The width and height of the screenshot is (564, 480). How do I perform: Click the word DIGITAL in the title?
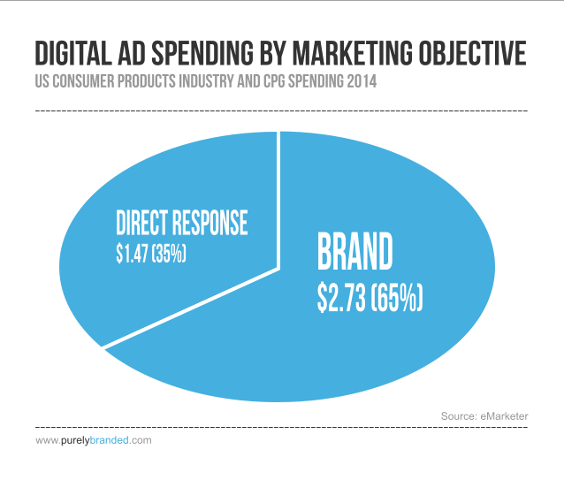pyautogui.click(x=73, y=53)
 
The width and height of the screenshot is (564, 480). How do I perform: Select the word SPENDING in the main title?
pyautogui.click(x=202, y=53)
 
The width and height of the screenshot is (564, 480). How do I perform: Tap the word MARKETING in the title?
pyautogui.click(x=353, y=53)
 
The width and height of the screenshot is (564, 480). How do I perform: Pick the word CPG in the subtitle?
pyautogui.click(x=274, y=81)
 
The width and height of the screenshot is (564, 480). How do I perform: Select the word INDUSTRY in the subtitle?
pyautogui.click(x=206, y=81)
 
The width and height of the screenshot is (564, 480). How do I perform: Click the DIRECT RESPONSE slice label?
pyautogui.click(x=182, y=223)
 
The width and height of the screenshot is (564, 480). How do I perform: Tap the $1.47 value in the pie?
pyautogui.click(x=132, y=253)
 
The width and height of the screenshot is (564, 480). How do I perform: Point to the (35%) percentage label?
pyautogui.click(x=169, y=253)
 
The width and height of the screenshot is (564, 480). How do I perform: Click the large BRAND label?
pyautogui.click(x=355, y=251)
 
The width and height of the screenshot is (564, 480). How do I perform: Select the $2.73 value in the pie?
pyautogui.click(x=341, y=298)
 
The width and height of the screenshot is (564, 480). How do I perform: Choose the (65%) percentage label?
pyautogui.click(x=397, y=298)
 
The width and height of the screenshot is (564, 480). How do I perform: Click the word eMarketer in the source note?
pyautogui.click(x=504, y=416)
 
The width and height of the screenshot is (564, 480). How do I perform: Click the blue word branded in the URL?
pyautogui.click(x=109, y=440)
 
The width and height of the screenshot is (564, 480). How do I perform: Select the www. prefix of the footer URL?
pyautogui.click(x=48, y=440)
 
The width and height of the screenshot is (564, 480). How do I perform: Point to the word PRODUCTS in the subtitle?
pyautogui.click(x=147, y=81)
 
